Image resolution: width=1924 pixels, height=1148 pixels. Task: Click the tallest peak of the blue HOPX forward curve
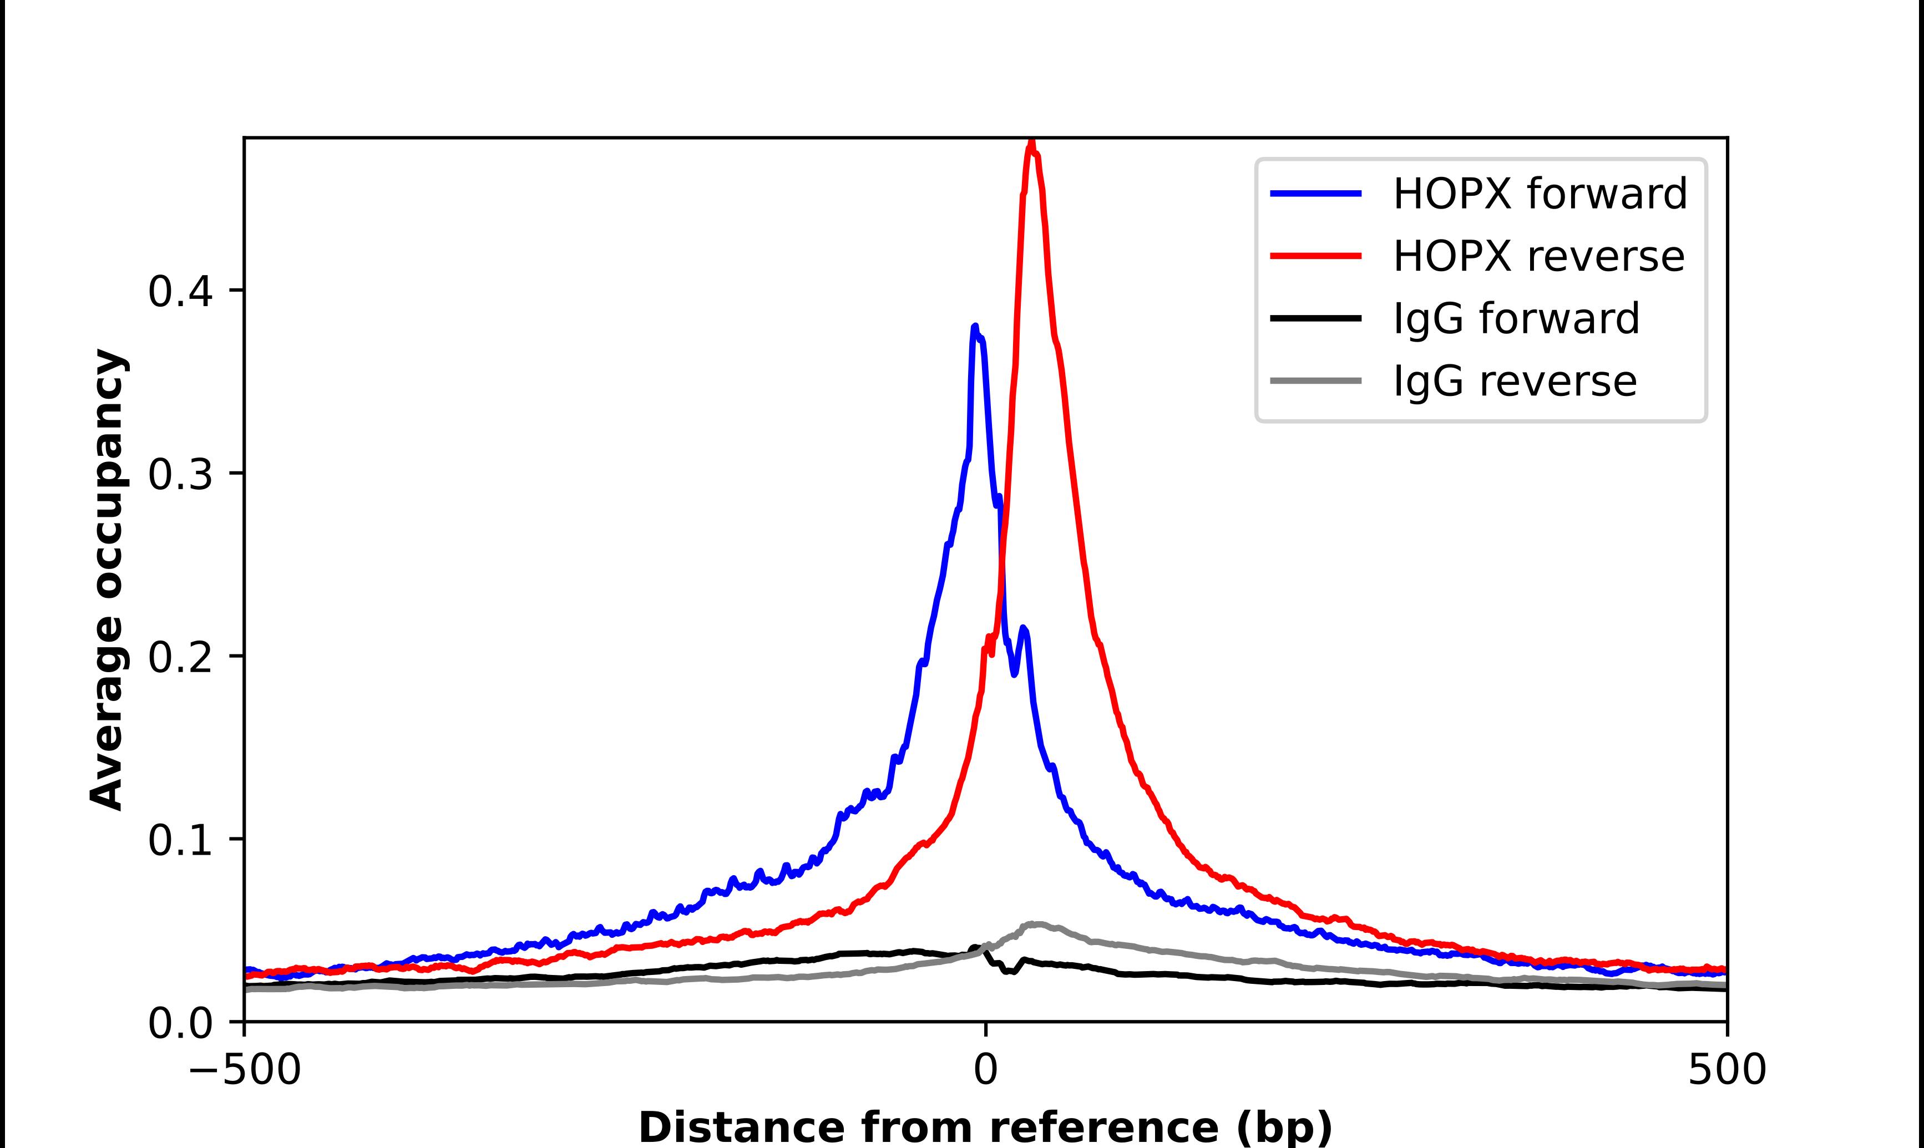975,328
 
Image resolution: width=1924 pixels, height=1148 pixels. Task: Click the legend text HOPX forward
1540,194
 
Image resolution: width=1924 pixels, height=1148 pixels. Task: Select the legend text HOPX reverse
1538,256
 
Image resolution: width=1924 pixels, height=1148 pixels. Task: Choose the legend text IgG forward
1516,319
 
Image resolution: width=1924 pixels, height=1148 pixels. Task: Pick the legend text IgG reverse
1514,382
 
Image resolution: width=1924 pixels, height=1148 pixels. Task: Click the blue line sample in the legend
1316,194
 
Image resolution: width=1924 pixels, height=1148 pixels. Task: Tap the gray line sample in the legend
1316,380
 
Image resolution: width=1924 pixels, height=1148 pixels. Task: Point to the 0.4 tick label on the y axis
180,292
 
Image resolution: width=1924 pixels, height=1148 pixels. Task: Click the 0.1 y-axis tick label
180,841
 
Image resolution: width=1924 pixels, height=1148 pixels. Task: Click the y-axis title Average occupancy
107,580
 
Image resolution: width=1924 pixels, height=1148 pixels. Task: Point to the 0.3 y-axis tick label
180,475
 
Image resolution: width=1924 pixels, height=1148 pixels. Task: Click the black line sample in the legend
1316,318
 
